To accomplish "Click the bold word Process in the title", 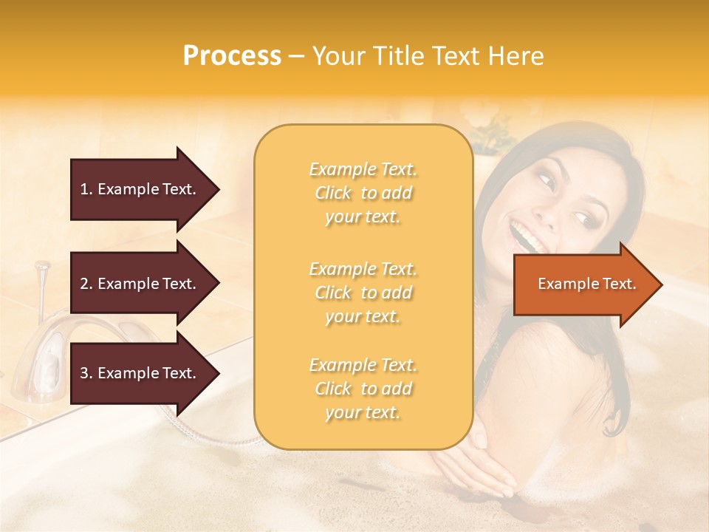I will point(232,55).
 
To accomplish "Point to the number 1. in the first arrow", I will point(86,189).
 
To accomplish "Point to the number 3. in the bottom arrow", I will point(86,373).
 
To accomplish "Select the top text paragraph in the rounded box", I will point(363,193).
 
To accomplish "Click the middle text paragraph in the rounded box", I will point(363,293).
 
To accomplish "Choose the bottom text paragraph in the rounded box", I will point(363,389).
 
